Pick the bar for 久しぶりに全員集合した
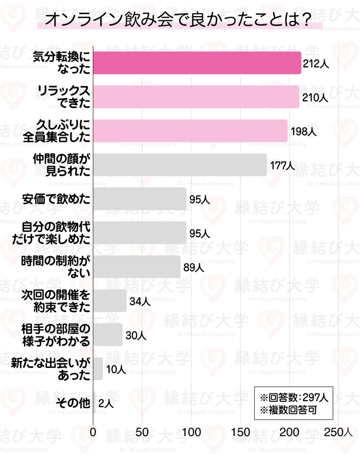pos(190,130)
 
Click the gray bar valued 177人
pos(180,165)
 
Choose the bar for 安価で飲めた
pos(140,199)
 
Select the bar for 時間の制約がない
pos(137,267)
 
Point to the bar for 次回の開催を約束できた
pos(110,301)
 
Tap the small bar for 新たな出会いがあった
pos(98,369)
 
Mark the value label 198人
pos(304,132)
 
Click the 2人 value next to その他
pos(105,403)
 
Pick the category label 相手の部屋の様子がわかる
pos(56,335)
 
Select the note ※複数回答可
pos(286,410)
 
